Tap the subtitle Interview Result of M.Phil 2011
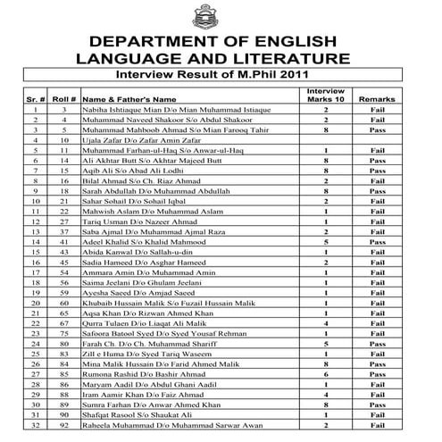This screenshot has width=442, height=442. (221, 78)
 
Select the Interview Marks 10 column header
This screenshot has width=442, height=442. (327, 95)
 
